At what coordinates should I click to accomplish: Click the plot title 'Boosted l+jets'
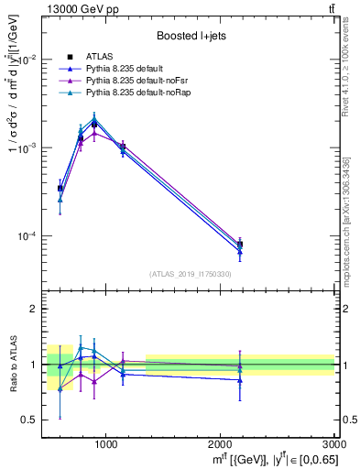(x=190, y=36)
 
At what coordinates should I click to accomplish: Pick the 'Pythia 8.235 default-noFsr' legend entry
(x=136, y=82)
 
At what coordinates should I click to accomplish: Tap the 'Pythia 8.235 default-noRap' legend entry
(x=137, y=93)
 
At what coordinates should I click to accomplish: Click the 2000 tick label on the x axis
(x=221, y=444)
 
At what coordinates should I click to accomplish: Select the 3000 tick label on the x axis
(x=335, y=444)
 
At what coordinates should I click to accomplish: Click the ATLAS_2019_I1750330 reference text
(x=190, y=274)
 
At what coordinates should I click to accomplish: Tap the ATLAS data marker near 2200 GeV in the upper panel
(x=240, y=245)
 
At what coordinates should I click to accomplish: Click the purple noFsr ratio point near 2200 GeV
(x=240, y=365)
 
